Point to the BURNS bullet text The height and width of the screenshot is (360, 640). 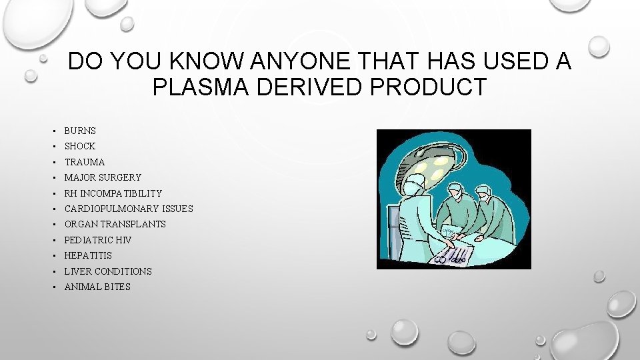click(x=80, y=131)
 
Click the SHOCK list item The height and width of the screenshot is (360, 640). click(x=80, y=146)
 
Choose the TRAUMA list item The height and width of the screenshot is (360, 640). click(x=85, y=162)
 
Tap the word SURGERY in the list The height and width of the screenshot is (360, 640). click(x=121, y=177)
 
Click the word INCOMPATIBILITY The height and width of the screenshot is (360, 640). click(x=121, y=193)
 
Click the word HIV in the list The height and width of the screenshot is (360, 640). click(x=123, y=240)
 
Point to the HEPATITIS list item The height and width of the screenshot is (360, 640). click(x=88, y=255)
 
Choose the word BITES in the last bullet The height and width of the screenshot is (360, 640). click(x=118, y=287)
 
